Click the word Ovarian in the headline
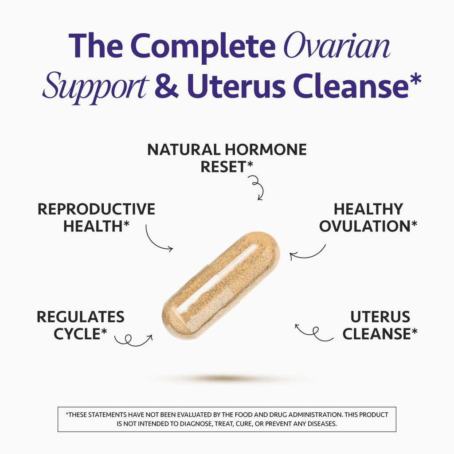click(337, 47)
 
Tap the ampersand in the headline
click(166, 86)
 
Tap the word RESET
click(223, 167)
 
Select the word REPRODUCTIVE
click(96, 209)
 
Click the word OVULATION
click(364, 226)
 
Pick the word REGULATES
click(80, 317)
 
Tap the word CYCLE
click(77, 334)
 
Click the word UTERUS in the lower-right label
click(380, 317)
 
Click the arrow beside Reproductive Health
click(158, 239)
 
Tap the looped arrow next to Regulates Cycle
click(133, 340)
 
